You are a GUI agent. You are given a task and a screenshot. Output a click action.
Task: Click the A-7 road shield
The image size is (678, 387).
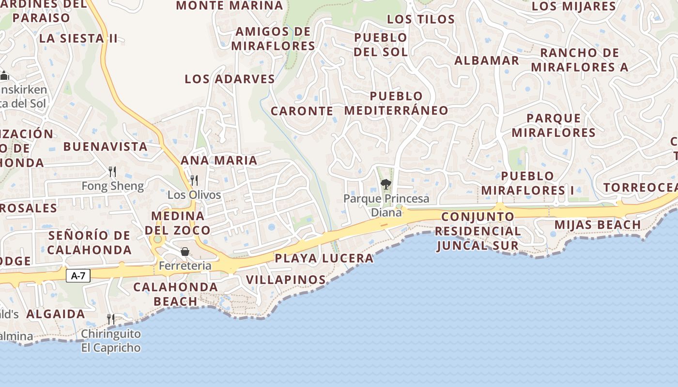[78, 276]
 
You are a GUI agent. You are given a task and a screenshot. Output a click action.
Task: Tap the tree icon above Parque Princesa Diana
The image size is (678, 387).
[386, 184]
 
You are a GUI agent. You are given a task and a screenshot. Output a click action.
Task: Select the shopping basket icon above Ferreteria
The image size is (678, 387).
[185, 251]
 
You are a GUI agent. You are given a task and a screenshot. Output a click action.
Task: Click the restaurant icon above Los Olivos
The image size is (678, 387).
[194, 180]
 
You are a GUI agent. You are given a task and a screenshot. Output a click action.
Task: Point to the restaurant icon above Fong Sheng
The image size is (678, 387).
[112, 171]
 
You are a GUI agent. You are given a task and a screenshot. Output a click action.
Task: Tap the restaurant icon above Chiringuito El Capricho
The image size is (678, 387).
[111, 319]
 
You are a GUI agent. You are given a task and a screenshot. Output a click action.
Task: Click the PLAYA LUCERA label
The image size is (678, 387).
[324, 258]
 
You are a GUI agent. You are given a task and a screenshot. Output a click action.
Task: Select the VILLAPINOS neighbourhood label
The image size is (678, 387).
[286, 280]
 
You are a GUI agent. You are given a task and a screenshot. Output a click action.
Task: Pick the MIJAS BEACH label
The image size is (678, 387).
[598, 224]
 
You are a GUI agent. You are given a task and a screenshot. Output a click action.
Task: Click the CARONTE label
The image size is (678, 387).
[302, 111]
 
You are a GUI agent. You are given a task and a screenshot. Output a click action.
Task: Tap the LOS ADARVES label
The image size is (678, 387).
[230, 79]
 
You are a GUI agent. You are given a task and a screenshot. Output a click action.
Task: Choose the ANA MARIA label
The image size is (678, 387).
[219, 160]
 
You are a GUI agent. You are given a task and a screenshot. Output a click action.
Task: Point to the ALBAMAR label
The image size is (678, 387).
[487, 60]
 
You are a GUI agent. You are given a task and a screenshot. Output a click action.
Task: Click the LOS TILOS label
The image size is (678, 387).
[421, 19]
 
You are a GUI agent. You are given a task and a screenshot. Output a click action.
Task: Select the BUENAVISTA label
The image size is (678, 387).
[105, 147]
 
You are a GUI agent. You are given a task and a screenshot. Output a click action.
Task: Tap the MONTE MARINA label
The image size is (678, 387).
[230, 6]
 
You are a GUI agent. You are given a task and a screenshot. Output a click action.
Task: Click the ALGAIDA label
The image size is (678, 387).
[56, 314]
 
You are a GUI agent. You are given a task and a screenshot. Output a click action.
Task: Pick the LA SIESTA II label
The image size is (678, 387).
[78, 39]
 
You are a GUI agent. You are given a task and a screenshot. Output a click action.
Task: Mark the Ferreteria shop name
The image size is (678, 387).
[185, 266]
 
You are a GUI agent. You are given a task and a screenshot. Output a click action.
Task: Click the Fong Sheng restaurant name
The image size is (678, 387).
[112, 186]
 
